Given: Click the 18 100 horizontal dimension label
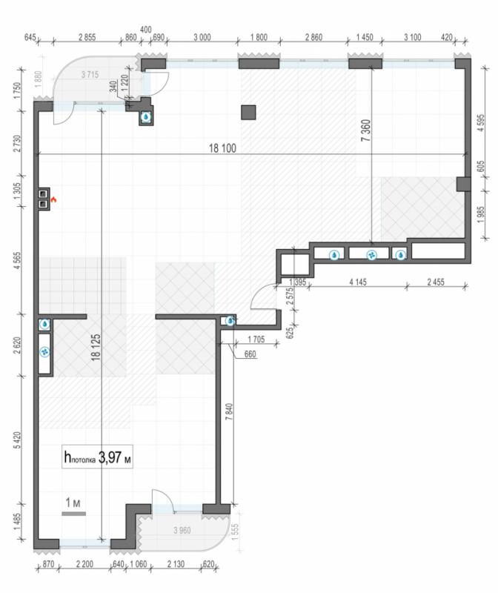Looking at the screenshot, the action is (x=222, y=148).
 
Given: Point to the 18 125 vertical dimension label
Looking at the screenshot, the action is (x=96, y=347).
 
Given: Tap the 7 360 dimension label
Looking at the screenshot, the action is (x=365, y=130).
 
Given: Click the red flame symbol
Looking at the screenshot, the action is (x=53, y=199).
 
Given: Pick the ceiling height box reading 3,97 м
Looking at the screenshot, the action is (x=97, y=457).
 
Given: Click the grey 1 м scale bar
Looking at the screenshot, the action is (x=73, y=514).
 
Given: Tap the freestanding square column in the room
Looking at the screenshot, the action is (x=248, y=113).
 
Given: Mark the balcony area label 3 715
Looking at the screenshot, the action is (x=90, y=75).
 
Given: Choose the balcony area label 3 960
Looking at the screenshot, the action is (x=182, y=530).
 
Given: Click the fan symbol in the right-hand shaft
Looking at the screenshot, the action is (x=372, y=255).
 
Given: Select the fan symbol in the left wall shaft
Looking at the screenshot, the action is (x=45, y=352).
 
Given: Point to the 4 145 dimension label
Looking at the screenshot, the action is (x=358, y=282).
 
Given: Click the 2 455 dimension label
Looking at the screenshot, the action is (x=436, y=282).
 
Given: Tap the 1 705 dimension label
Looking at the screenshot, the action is (x=256, y=339).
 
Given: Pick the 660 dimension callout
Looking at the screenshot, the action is (x=250, y=354).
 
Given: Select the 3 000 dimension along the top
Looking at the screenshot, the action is (x=202, y=37).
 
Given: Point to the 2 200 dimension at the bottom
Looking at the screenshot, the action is (x=84, y=564).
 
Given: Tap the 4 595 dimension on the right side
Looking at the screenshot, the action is (x=481, y=122).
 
